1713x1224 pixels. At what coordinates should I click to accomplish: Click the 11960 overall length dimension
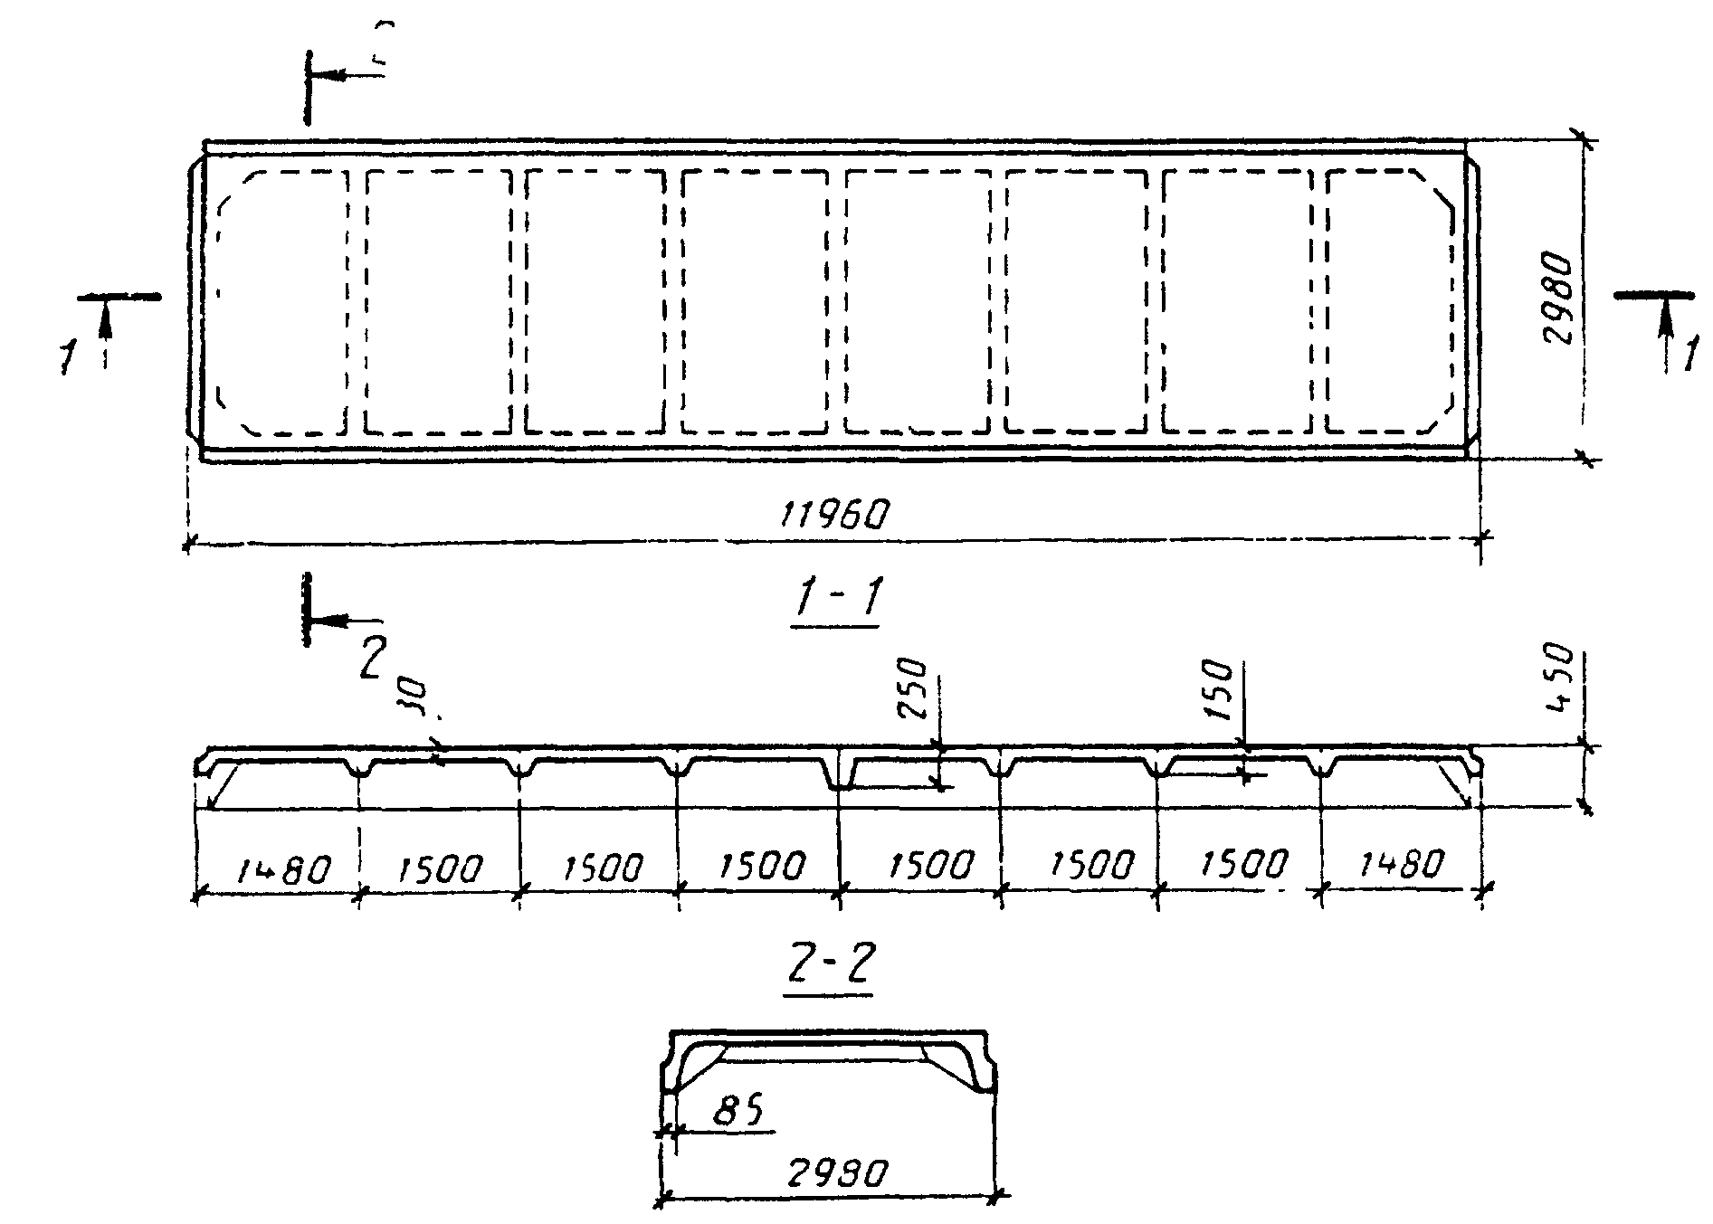[834, 515]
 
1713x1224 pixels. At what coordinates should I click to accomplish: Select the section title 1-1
[835, 600]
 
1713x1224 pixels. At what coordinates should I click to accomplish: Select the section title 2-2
[827, 968]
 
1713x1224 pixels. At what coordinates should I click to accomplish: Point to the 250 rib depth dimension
[914, 689]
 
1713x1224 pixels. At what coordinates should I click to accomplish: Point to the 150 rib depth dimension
[1220, 689]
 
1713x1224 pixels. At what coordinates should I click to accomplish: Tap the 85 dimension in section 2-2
[738, 1109]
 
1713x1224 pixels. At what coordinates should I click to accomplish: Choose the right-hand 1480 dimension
[1401, 866]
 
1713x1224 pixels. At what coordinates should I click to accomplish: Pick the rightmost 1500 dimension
[1242, 865]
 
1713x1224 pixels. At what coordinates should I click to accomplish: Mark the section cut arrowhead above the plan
[331, 76]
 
